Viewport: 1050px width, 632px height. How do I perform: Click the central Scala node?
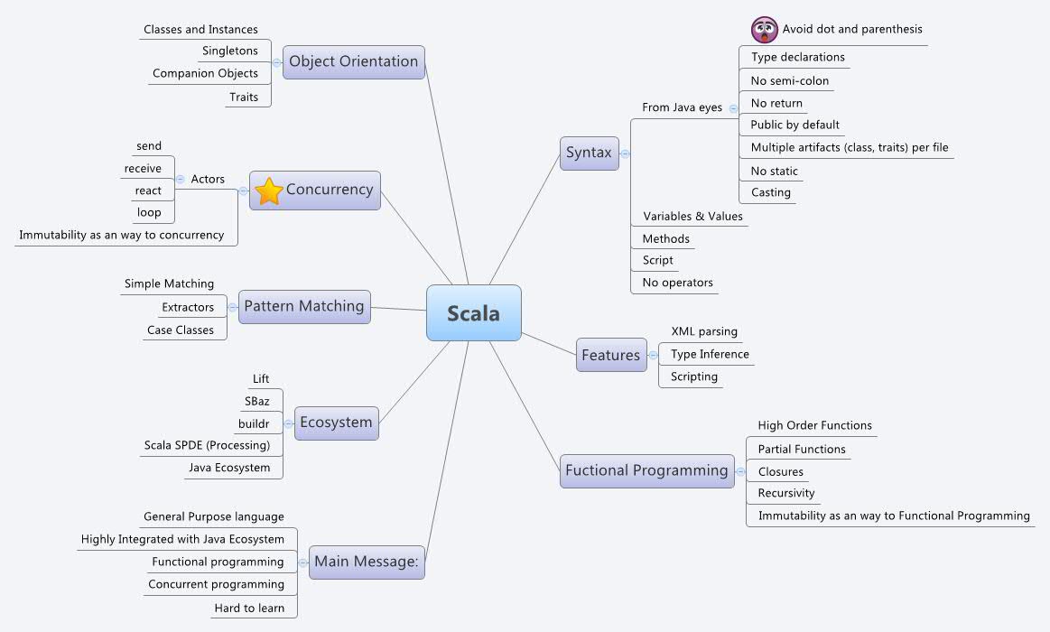(473, 313)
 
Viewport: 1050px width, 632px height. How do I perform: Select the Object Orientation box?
(353, 61)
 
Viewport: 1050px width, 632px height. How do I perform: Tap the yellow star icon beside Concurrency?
(269, 191)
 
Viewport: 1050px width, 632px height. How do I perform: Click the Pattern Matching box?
(304, 306)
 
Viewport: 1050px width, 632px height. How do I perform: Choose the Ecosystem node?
(336, 422)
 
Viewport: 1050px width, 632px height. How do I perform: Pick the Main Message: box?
(366, 562)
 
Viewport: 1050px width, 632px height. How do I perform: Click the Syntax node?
(589, 153)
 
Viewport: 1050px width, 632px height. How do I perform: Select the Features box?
(610, 355)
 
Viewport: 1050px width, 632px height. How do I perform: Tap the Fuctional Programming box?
(646, 470)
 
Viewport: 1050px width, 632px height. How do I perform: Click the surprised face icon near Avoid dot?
(765, 30)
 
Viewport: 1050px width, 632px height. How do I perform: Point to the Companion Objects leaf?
(205, 73)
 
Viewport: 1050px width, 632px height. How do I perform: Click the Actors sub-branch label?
(208, 179)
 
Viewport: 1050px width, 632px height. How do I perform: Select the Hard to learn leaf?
(249, 608)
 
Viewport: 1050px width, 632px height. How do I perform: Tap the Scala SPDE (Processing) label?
(207, 445)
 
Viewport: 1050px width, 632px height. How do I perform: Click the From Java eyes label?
(682, 107)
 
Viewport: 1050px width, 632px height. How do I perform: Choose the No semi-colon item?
(789, 80)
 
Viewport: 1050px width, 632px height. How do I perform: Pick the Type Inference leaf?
(710, 354)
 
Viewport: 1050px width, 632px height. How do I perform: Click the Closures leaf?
(780, 471)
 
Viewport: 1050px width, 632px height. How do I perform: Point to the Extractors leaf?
(188, 307)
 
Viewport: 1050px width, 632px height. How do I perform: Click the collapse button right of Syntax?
(625, 153)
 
